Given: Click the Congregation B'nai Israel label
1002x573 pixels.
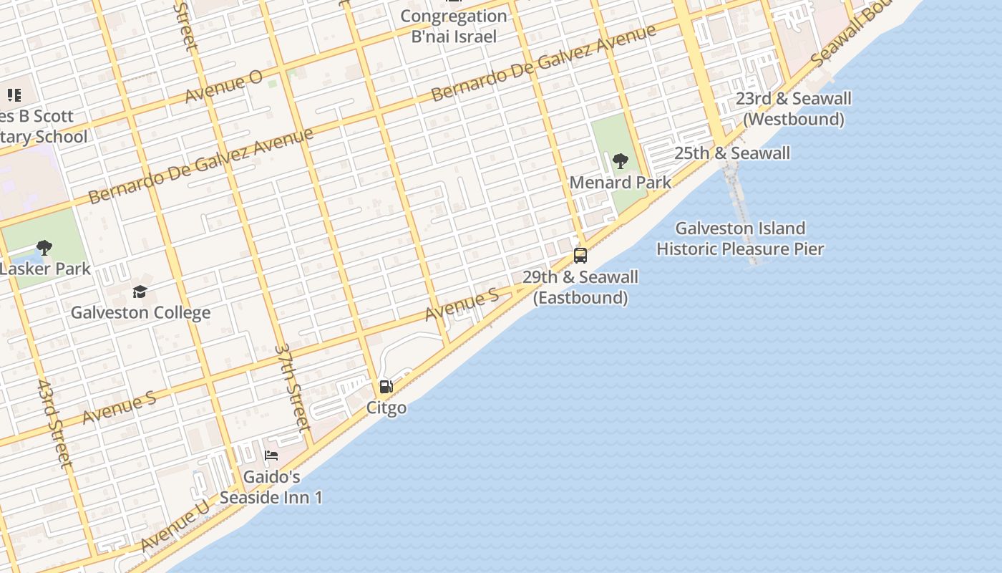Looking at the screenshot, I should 454,26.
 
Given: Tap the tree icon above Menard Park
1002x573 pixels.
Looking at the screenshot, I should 621,161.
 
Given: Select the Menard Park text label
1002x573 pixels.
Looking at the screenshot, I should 621,183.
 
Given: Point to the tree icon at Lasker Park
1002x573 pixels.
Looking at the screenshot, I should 44,248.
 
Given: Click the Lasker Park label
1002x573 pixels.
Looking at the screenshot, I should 46,269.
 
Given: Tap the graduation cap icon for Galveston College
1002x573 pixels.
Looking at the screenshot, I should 140,292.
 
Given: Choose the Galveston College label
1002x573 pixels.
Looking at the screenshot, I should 140,313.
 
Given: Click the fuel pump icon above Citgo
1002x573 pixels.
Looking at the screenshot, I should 386,387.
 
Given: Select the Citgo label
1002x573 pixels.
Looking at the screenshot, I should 386,408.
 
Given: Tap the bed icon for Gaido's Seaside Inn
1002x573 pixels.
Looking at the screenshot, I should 271,455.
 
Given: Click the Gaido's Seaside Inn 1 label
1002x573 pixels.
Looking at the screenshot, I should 271,486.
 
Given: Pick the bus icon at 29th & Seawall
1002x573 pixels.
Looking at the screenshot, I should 580,256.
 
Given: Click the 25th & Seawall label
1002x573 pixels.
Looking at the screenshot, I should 732,153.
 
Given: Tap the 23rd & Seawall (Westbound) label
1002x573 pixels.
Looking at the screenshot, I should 794,109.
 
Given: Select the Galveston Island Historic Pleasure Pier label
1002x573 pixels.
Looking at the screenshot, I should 740,239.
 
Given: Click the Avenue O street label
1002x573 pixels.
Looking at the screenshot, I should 223,86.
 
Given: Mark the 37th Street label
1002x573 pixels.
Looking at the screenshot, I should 293,387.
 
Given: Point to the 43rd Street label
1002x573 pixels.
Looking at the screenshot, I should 54,424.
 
